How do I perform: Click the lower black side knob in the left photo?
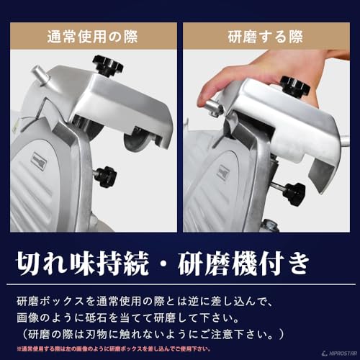106,175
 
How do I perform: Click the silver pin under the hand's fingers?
210,107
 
